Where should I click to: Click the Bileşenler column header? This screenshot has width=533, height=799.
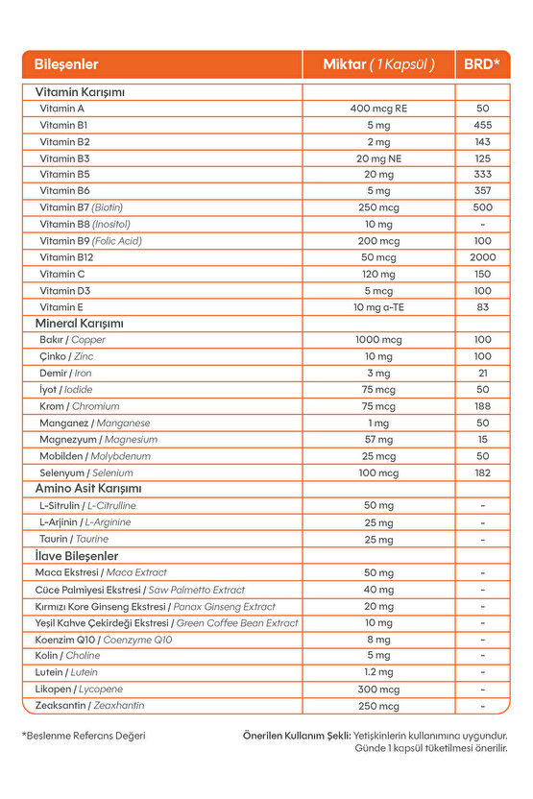[x=66, y=65]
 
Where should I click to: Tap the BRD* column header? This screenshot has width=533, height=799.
[x=482, y=65]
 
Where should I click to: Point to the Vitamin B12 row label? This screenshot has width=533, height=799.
[x=66, y=257]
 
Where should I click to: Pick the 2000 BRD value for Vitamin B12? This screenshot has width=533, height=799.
[x=482, y=257]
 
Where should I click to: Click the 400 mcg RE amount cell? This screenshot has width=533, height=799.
[x=378, y=109]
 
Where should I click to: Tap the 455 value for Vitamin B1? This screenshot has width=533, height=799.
[x=482, y=125]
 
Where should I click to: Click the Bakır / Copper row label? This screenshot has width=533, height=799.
[x=72, y=340]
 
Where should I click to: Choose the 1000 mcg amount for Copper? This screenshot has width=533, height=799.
[x=378, y=340]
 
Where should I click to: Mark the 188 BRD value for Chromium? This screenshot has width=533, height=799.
[x=482, y=406]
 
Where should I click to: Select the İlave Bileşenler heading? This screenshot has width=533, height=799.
[x=76, y=556]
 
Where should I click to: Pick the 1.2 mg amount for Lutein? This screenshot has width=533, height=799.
[x=378, y=672]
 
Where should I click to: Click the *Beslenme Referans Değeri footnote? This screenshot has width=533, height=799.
[x=84, y=736]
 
